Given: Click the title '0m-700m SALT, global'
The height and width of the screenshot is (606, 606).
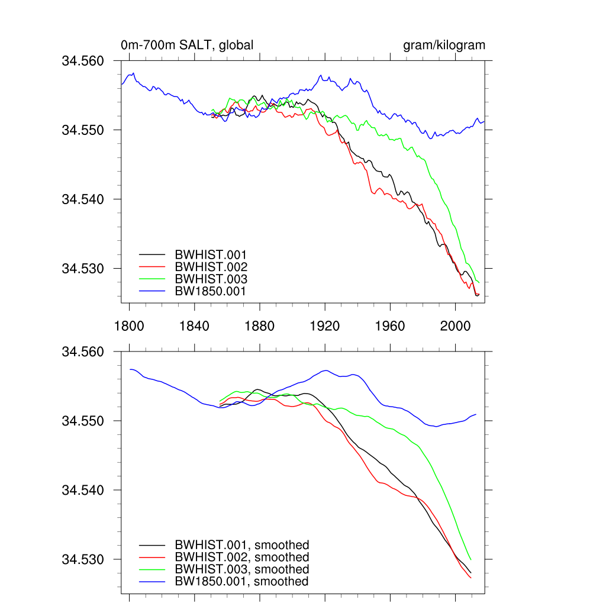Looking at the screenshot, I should (187, 45).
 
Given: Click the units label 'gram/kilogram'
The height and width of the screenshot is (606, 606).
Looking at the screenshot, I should (444, 45).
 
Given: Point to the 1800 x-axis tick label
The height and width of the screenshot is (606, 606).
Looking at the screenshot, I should (129, 325).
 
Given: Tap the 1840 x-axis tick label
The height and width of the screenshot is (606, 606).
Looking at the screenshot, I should (195, 325).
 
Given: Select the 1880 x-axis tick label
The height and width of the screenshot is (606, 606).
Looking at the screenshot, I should (260, 325).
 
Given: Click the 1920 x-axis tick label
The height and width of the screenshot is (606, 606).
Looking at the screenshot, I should (325, 325).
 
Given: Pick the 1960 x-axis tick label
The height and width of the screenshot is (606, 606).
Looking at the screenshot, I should (390, 325).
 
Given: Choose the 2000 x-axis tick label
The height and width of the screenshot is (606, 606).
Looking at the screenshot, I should (455, 325).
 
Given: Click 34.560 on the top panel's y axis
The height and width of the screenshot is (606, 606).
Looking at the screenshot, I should (83, 61).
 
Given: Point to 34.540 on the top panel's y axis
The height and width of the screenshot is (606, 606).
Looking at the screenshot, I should (83, 199).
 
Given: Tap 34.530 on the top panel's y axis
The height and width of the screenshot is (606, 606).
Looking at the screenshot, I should (83, 269).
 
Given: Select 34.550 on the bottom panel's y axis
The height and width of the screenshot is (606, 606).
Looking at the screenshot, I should (83, 421).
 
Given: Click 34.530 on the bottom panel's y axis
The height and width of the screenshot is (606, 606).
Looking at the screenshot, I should (83, 559).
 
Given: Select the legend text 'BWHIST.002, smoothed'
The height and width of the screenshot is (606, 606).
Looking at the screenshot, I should (241, 557).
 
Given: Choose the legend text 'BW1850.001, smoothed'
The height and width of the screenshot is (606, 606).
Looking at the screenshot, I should (241, 582).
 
